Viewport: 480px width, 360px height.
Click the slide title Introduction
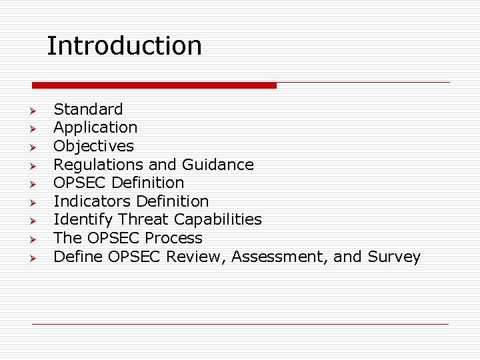tap(124, 46)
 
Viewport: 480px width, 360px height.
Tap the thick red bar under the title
tap(154, 85)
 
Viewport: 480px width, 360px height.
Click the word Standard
tap(88, 109)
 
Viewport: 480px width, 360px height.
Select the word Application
tap(95, 127)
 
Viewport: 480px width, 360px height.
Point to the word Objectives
tap(93, 146)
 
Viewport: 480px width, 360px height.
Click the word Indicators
tap(92, 201)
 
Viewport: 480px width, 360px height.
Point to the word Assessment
tap(280, 257)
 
